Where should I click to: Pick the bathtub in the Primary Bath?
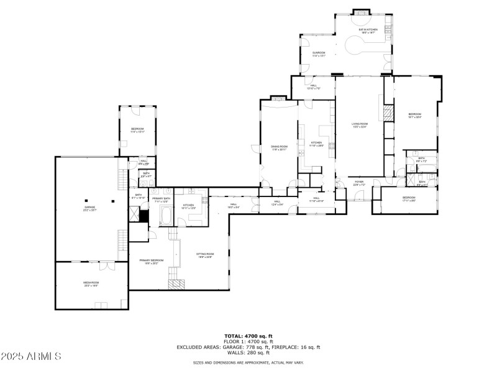click(167, 216)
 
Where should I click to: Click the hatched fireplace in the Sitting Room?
click(177, 284)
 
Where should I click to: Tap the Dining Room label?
click(279, 147)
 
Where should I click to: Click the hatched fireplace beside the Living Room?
click(388, 114)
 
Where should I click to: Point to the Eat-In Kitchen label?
click(368, 30)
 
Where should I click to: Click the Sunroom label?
click(319, 53)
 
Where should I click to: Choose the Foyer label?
click(359, 183)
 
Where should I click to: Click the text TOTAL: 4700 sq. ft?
click(248, 336)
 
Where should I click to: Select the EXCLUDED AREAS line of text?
click(248, 347)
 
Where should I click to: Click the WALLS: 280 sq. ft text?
click(248, 352)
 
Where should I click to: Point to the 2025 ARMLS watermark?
click(31, 357)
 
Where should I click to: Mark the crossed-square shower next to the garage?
click(134, 213)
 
